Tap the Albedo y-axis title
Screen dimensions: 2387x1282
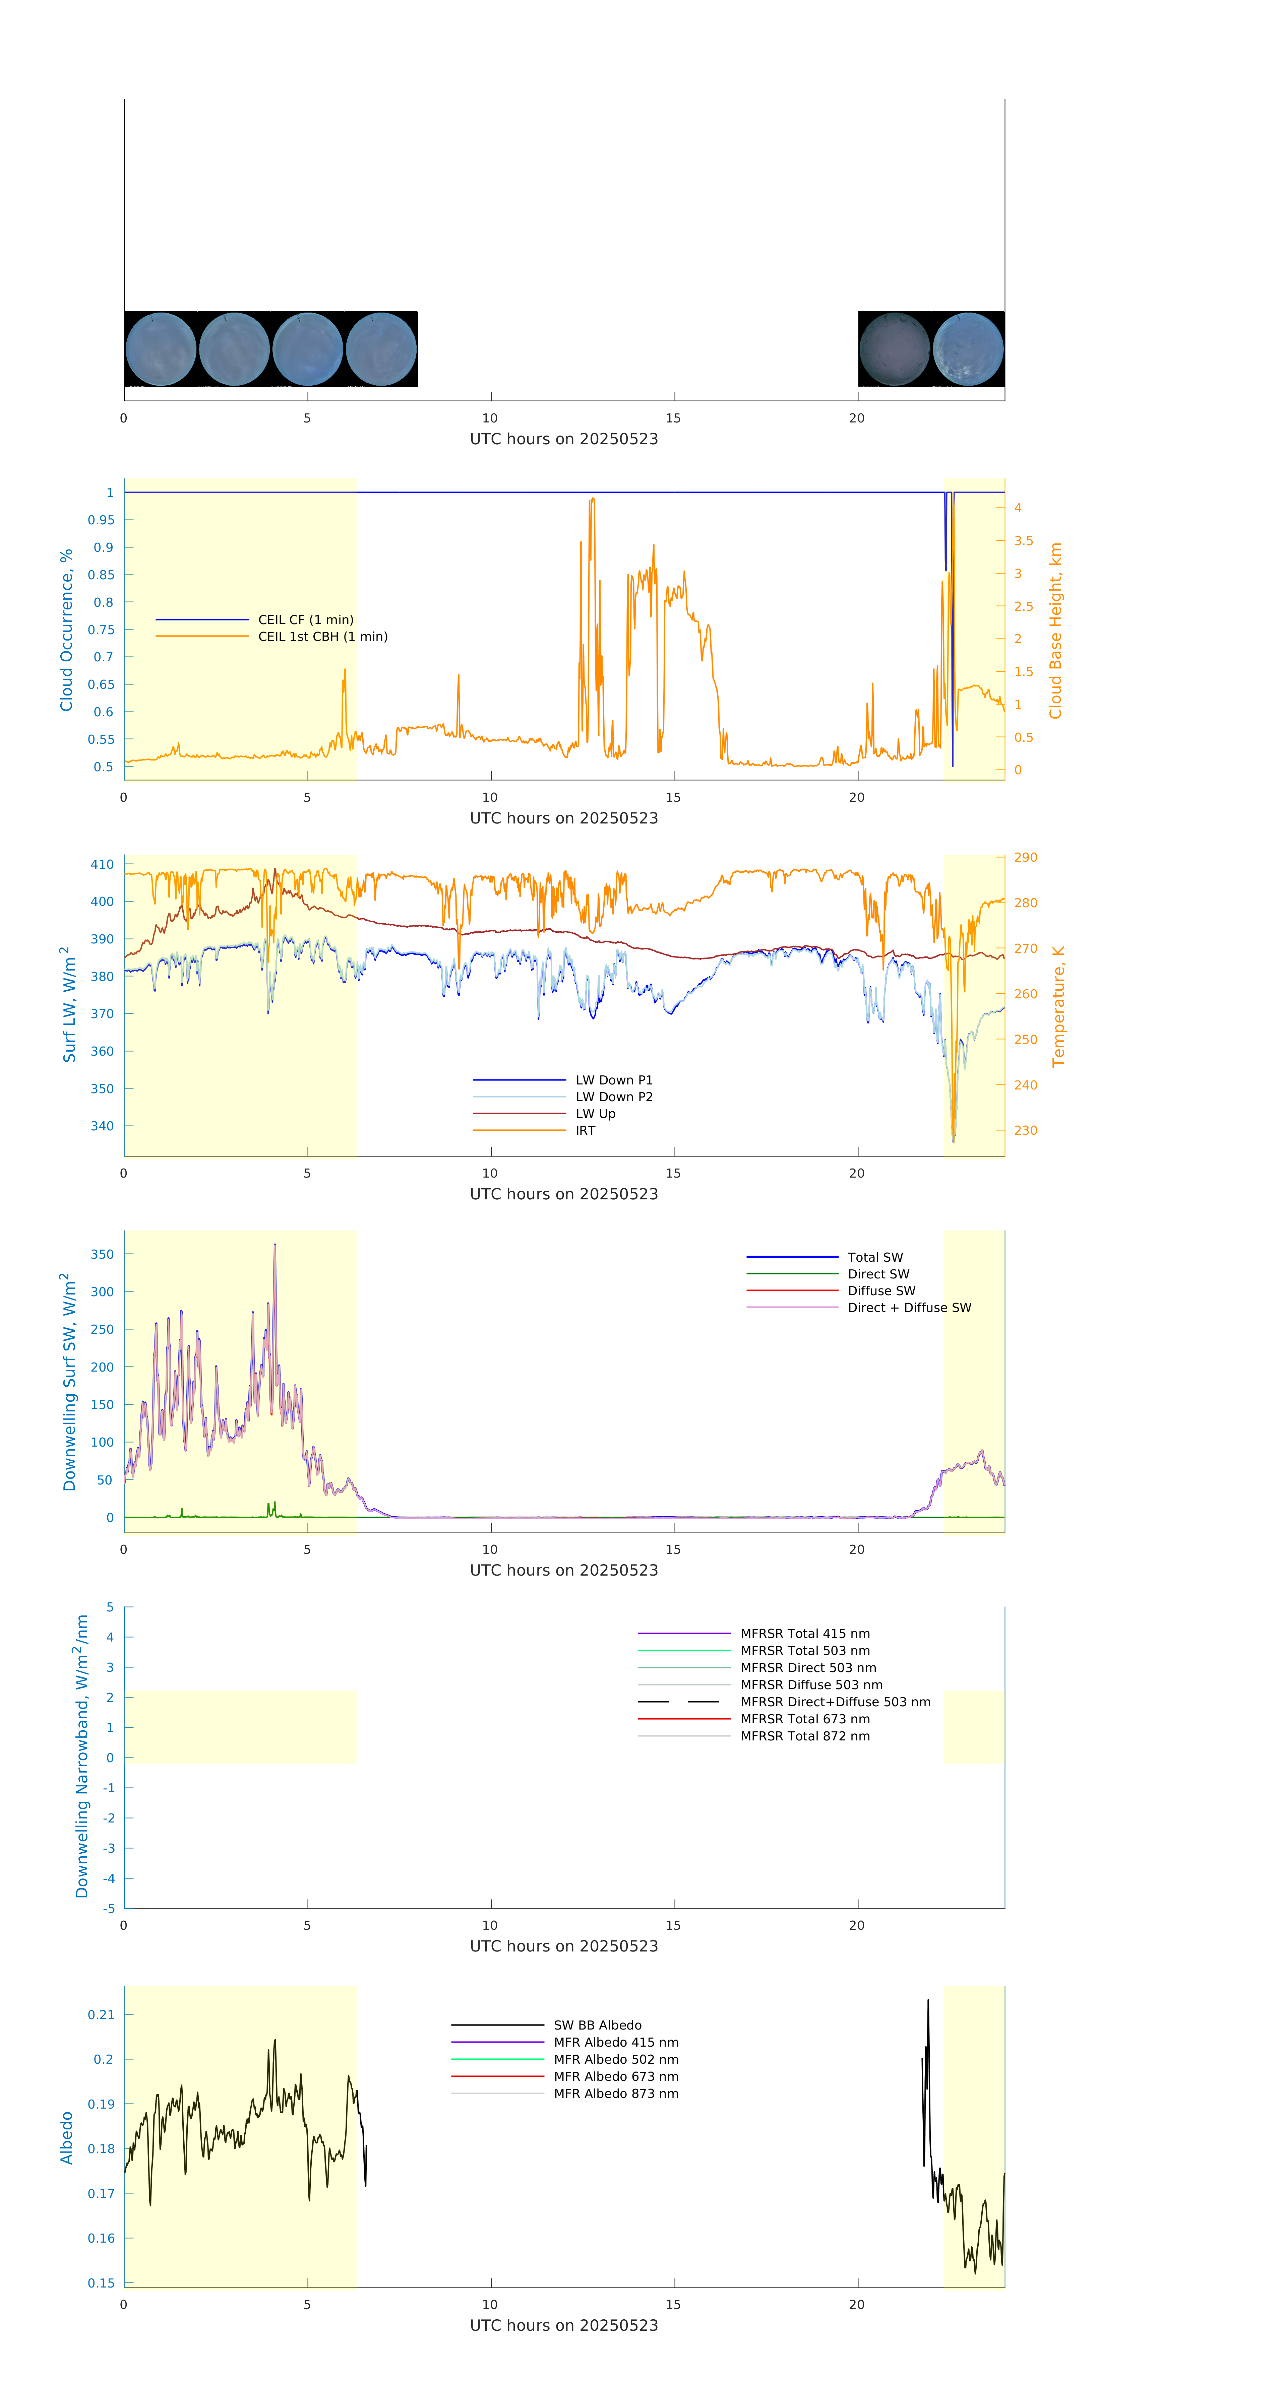tap(67, 2138)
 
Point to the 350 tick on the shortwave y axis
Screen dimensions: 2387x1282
tap(102, 1255)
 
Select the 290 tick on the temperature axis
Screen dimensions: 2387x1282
tap(1025, 857)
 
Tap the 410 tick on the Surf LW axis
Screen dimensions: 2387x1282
tap(102, 865)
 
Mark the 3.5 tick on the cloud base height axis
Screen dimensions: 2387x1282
tap(1023, 541)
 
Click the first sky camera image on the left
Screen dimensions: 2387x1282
tap(160, 349)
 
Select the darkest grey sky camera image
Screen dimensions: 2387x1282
tap(895, 349)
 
